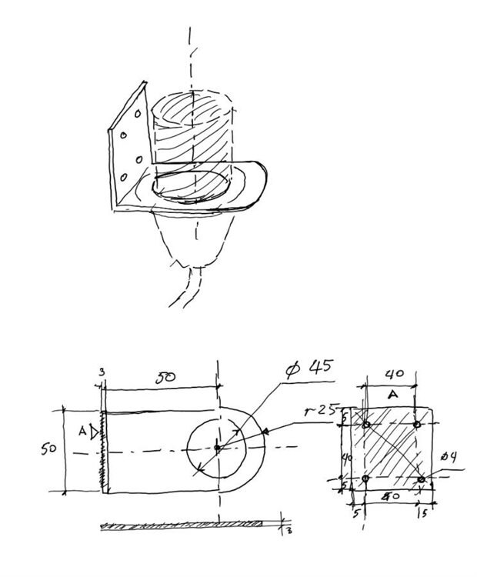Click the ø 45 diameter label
point(309,368)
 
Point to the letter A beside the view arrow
point(82,432)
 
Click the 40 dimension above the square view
point(393,373)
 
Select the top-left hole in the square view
point(366,425)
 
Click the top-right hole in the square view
point(416,425)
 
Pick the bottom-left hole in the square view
point(365,479)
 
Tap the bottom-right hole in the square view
point(421,479)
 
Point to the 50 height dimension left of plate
point(48,449)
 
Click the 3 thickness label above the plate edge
point(101,372)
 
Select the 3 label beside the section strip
point(288,529)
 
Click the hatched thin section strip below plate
point(185,525)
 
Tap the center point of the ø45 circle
point(218,446)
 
